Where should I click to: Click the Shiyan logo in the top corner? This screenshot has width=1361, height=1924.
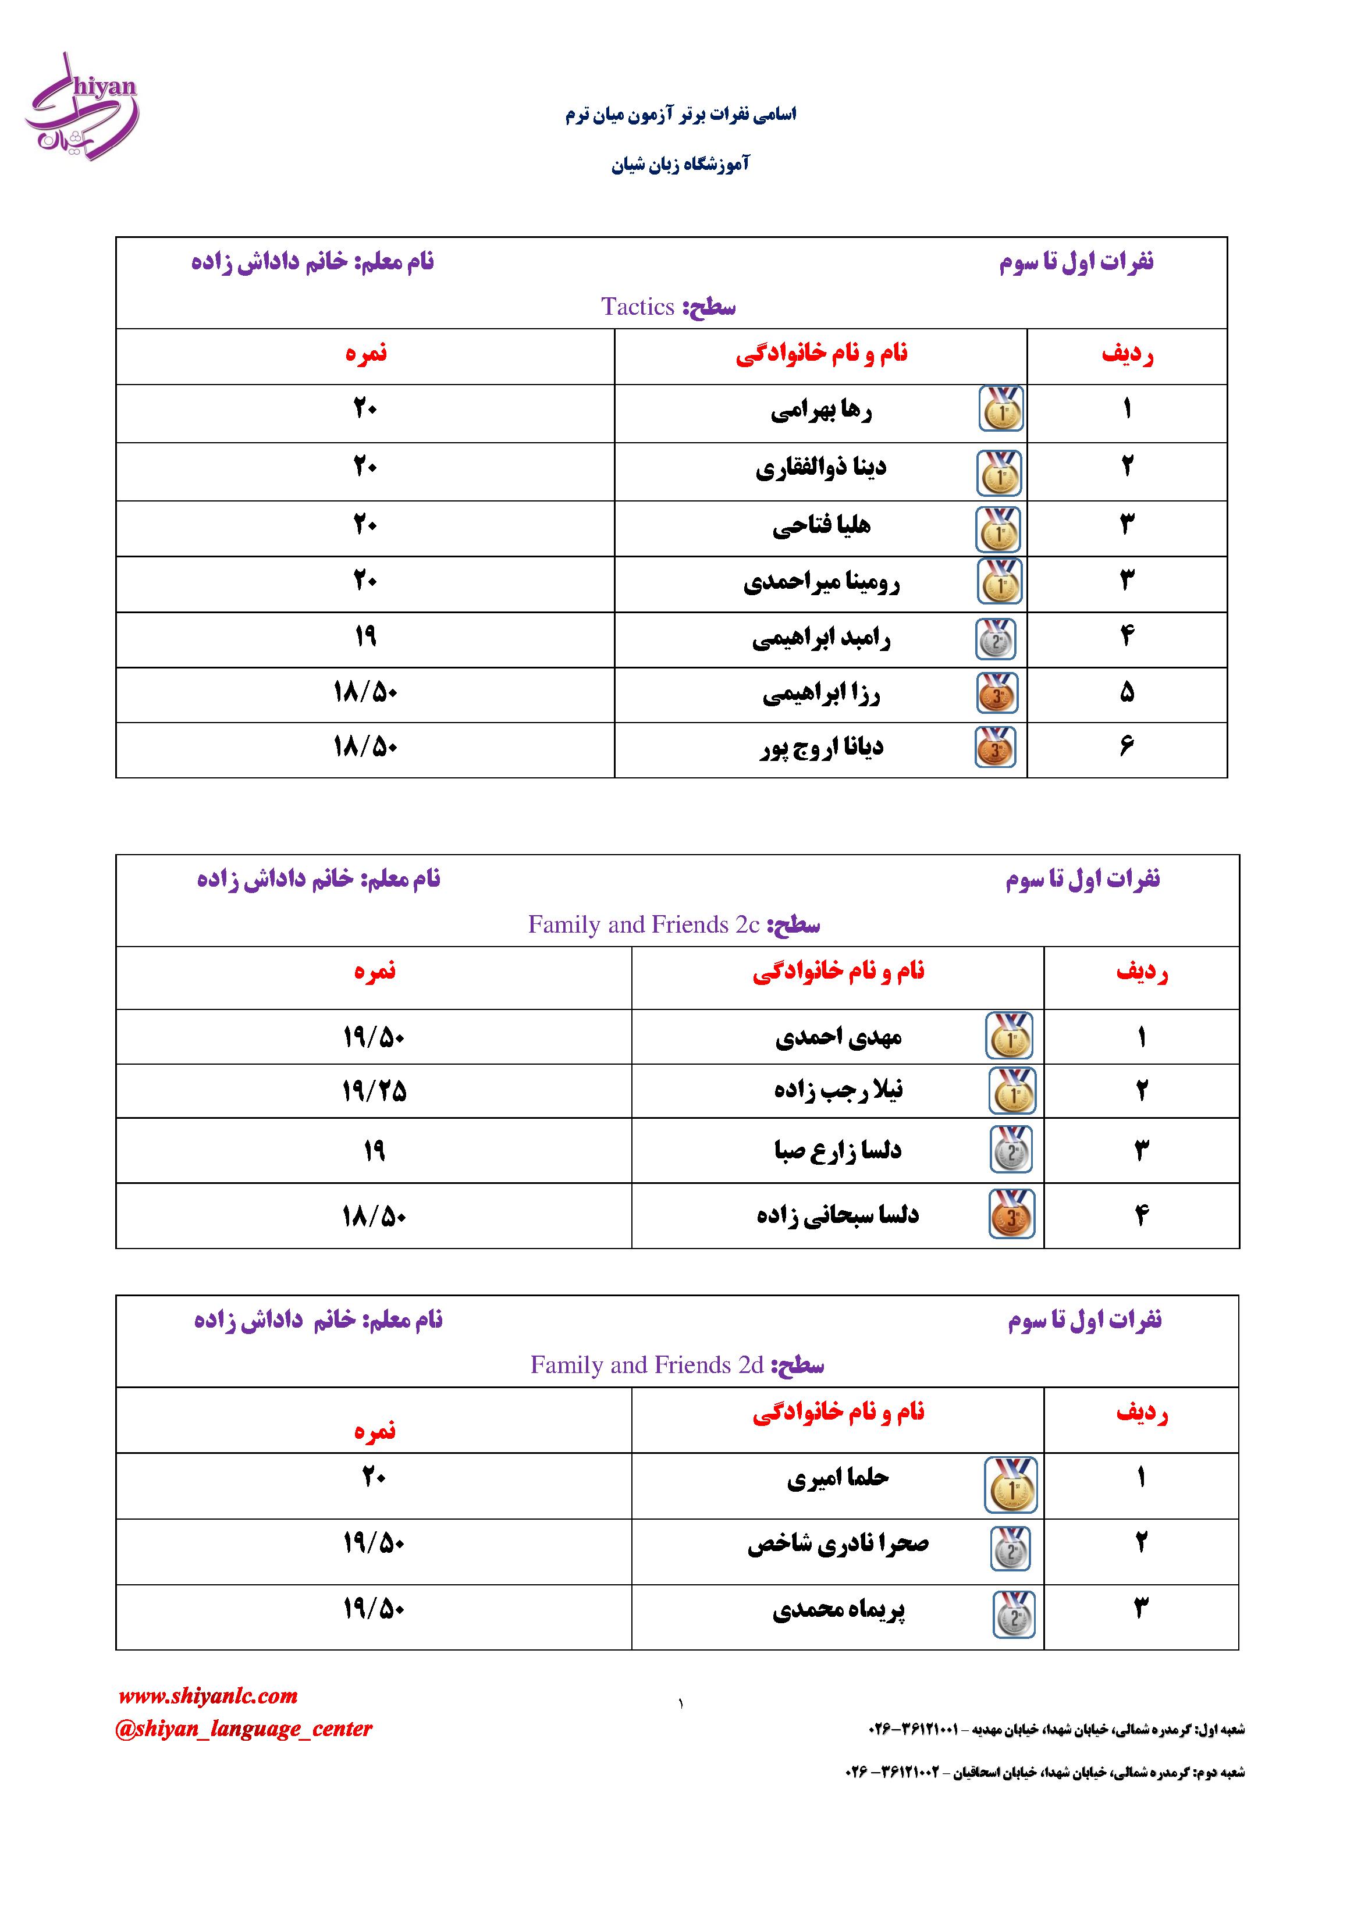pos(81,107)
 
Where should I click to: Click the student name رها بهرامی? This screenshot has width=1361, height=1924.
pos(820,411)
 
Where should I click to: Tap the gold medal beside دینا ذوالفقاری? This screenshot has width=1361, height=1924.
pos(999,472)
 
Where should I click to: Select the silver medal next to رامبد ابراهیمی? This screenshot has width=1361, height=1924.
pos(996,639)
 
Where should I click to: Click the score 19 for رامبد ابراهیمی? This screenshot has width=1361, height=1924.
pos(365,637)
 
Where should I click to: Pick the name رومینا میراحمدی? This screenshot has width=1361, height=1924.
pos(820,582)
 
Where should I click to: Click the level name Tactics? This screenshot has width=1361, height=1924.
pos(638,307)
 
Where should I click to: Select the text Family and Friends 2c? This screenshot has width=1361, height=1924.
pos(643,924)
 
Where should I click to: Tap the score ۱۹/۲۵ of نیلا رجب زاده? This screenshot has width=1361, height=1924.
pos(374,1090)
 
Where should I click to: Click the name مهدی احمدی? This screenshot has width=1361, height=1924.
pos(837,1037)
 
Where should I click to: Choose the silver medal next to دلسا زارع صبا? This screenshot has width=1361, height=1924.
pos(1011,1149)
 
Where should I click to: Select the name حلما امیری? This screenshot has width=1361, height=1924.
pos(837,1478)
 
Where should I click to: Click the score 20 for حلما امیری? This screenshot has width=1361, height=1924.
pos(373,1477)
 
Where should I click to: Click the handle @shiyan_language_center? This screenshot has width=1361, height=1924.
pos(243,1728)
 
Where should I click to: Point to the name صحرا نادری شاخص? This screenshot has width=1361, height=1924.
pos(837,1544)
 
